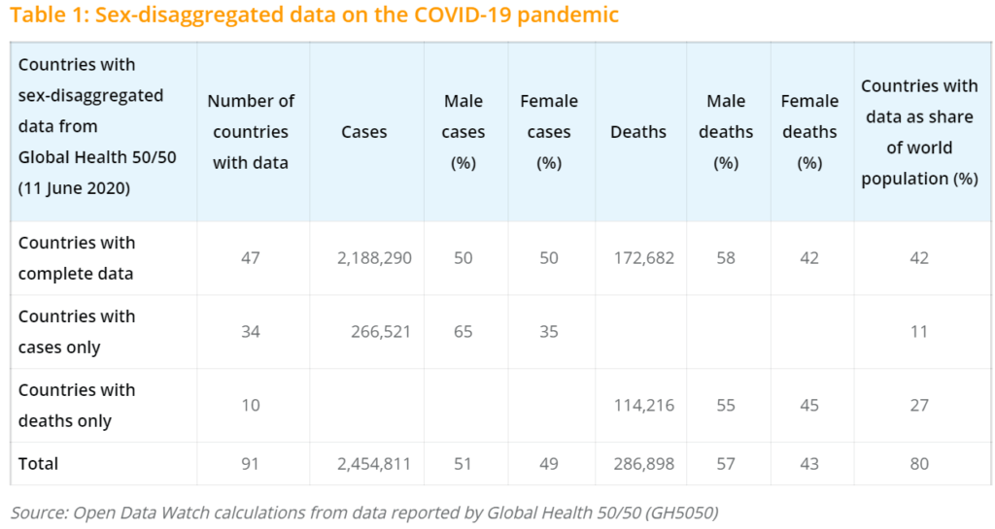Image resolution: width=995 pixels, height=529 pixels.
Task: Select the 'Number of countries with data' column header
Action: pos(251,132)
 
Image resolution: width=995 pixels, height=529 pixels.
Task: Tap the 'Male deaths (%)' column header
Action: pos(726,132)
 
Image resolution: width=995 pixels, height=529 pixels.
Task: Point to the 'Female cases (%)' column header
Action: pos(549,132)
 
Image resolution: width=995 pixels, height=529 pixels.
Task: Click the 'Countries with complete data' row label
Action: pos(77,258)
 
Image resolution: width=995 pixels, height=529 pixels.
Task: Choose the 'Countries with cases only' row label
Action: pos(77,332)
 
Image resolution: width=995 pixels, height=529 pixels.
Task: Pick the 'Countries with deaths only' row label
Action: pos(77,406)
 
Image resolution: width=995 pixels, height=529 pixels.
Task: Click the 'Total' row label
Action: pos(38,464)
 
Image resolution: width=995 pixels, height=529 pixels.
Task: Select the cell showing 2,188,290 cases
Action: pos(374,258)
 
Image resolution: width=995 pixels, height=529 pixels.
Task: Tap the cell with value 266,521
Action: pos(380,332)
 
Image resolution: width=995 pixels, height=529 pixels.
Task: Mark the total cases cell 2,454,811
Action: pos(374,464)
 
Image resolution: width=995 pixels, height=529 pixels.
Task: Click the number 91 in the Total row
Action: pos(251,464)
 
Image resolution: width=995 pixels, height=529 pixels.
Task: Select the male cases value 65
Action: pos(463,332)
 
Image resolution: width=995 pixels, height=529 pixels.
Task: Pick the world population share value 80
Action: pos(918,464)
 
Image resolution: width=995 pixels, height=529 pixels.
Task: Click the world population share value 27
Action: pos(918,406)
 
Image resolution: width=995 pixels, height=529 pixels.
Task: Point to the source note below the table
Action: pos(364,512)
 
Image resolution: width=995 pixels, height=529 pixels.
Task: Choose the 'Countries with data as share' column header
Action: pos(918,132)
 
